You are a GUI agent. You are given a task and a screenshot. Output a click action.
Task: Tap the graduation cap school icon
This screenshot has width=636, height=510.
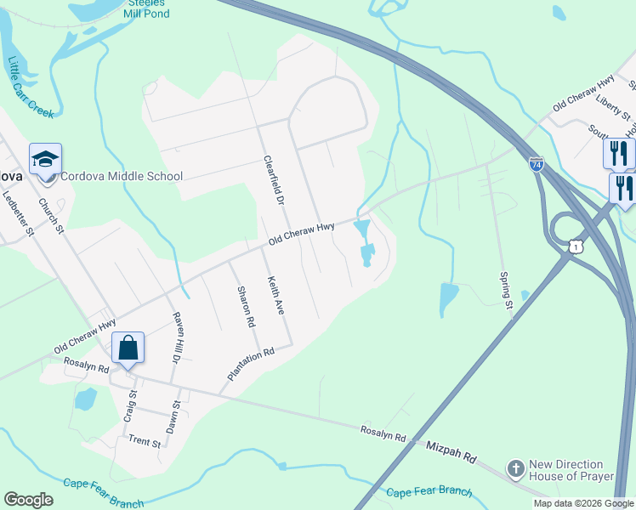pyautogui.click(x=45, y=159)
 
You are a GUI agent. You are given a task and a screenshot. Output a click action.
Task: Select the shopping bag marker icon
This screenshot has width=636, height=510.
pyautogui.click(x=128, y=347)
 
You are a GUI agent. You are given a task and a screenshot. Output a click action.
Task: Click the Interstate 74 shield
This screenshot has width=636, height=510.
pyautogui.click(x=536, y=164)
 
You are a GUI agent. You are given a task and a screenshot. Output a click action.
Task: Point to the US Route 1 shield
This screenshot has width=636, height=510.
pyautogui.click(x=577, y=246)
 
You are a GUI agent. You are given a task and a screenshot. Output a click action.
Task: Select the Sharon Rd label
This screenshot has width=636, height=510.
pyautogui.click(x=246, y=306)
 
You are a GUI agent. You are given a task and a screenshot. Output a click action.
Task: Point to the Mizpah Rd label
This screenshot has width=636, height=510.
pyautogui.click(x=451, y=451)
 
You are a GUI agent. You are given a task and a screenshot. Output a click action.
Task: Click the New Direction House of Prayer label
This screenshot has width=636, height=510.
pyautogui.click(x=571, y=470)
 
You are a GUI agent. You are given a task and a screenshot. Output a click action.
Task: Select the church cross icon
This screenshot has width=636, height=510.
pyautogui.click(x=514, y=468)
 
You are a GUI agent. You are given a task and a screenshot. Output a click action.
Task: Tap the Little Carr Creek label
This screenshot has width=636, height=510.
pyautogui.click(x=30, y=88)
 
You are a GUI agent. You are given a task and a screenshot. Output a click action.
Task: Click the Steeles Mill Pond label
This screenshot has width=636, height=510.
pyautogui.click(x=146, y=9)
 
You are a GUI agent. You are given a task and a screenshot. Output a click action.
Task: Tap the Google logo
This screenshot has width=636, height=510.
pyautogui.click(x=28, y=500)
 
